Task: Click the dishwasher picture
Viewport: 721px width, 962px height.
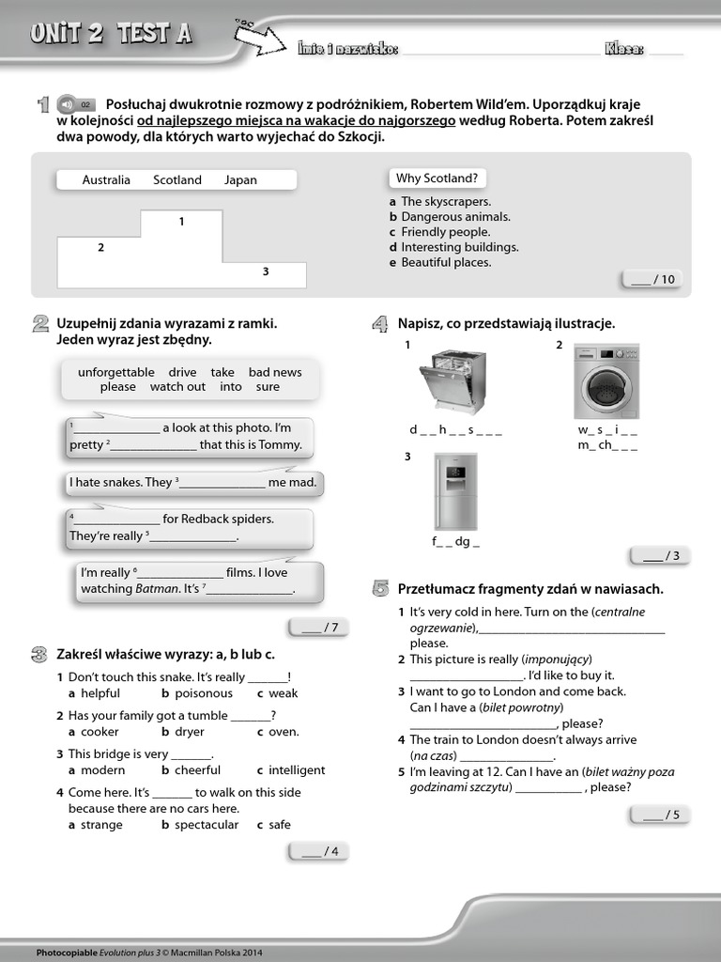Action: (452, 381)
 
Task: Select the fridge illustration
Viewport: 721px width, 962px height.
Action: (455, 491)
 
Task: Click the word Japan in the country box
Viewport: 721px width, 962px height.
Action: (240, 180)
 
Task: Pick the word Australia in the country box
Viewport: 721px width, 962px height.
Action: (106, 180)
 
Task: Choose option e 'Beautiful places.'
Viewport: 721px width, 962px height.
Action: (446, 262)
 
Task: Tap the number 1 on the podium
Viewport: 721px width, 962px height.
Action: (181, 222)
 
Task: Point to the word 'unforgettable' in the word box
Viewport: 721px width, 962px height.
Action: (116, 372)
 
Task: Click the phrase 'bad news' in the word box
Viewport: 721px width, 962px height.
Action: (275, 372)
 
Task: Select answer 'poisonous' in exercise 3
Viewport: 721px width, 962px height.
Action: (203, 693)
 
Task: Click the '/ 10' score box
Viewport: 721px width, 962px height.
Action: (653, 279)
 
